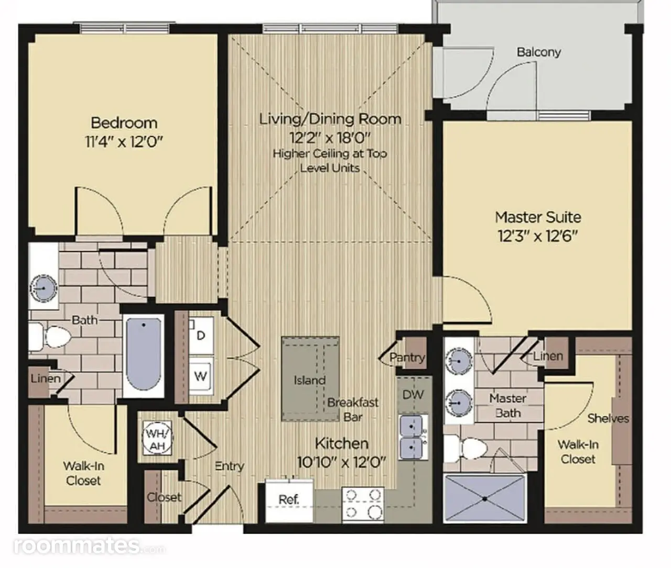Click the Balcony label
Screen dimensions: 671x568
[x=538, y=52]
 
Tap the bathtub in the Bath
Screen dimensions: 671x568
[x=144, y=354]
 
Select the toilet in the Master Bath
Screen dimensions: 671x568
[x=466, y=449]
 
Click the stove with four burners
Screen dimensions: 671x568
[x=363, y=505]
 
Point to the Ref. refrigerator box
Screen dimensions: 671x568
[x=289, y=501]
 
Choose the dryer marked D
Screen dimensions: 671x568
[x=201, y=336]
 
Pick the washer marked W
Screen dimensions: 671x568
[x=201, y=376]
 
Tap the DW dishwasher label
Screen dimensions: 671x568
[x=413, y=395]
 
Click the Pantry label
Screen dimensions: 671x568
[x=407, y=357]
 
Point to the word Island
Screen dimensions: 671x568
[x=309, y=380]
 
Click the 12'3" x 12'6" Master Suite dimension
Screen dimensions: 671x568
[x=538, y=236]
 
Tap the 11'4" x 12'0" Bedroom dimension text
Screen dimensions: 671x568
[x=124, y=142]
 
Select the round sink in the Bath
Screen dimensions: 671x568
[x=43, y=288]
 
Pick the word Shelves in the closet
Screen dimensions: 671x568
[x=608, y=419]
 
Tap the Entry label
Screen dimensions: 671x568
[x=230, y=466]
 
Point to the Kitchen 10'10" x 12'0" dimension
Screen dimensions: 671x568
[x=341, y=462]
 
